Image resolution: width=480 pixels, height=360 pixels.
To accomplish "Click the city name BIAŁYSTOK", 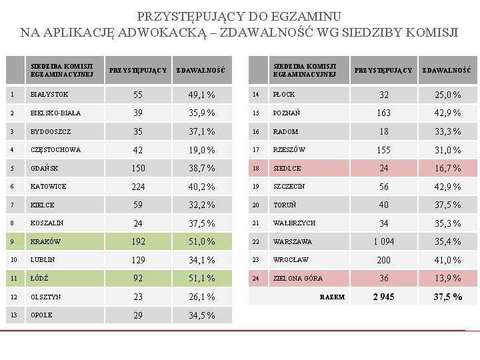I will coord(49,95).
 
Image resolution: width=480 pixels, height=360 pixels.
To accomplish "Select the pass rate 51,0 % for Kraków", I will coord(201,242).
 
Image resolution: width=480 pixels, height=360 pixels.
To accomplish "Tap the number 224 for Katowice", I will coord(138,187).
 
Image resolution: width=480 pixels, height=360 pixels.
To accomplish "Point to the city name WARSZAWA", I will coord(292,242).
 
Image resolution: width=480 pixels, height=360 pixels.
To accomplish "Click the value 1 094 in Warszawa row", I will coord(383,242).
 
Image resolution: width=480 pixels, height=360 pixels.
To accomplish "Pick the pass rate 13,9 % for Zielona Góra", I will coord(447,279).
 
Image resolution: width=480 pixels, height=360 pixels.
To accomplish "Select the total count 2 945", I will coord(383,297).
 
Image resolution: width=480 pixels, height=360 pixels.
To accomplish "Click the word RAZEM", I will coord(332,297).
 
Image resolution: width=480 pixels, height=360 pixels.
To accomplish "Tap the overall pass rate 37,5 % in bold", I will coord(447,297).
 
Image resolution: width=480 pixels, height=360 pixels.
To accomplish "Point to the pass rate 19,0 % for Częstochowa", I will coord(201,150).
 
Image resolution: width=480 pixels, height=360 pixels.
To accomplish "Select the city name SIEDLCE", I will coord(287,169).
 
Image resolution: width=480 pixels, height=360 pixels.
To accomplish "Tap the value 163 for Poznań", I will coord(383,113).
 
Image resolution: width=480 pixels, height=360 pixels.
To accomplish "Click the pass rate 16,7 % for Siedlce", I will coord(447,169).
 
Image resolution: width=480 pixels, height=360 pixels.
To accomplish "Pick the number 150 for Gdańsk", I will coord(138,169).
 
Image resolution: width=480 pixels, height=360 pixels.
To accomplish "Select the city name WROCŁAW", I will coord(291,260).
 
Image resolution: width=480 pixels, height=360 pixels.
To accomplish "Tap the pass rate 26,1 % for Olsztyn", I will coord(201,297).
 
